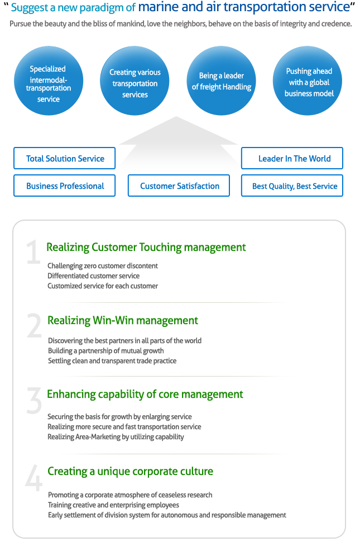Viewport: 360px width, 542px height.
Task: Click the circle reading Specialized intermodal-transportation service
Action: (49, 80)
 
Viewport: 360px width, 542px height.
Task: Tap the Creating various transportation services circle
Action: (135, 80)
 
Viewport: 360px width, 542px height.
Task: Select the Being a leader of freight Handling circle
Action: (221, 80)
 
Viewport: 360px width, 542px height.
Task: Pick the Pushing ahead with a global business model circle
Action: (308, 80)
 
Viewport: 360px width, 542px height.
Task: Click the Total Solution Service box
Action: (65, 158)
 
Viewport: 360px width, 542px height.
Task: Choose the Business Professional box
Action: (65, 186)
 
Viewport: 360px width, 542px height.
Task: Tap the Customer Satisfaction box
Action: (179, 186)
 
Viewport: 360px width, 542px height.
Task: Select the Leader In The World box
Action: (292, 158)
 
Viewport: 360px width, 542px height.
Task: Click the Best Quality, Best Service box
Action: (292, 186)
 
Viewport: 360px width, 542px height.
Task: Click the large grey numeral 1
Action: (33, 252)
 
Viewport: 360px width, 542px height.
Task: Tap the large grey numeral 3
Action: (34, 401)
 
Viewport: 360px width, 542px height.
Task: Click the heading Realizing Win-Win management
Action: (123, 321)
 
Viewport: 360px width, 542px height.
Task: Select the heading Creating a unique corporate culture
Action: (131, 472)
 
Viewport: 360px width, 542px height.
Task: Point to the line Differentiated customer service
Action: (94, 276)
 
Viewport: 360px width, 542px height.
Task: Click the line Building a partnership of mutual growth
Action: (106, 351)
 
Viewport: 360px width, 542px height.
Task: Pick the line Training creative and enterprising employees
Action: (113, 505)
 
